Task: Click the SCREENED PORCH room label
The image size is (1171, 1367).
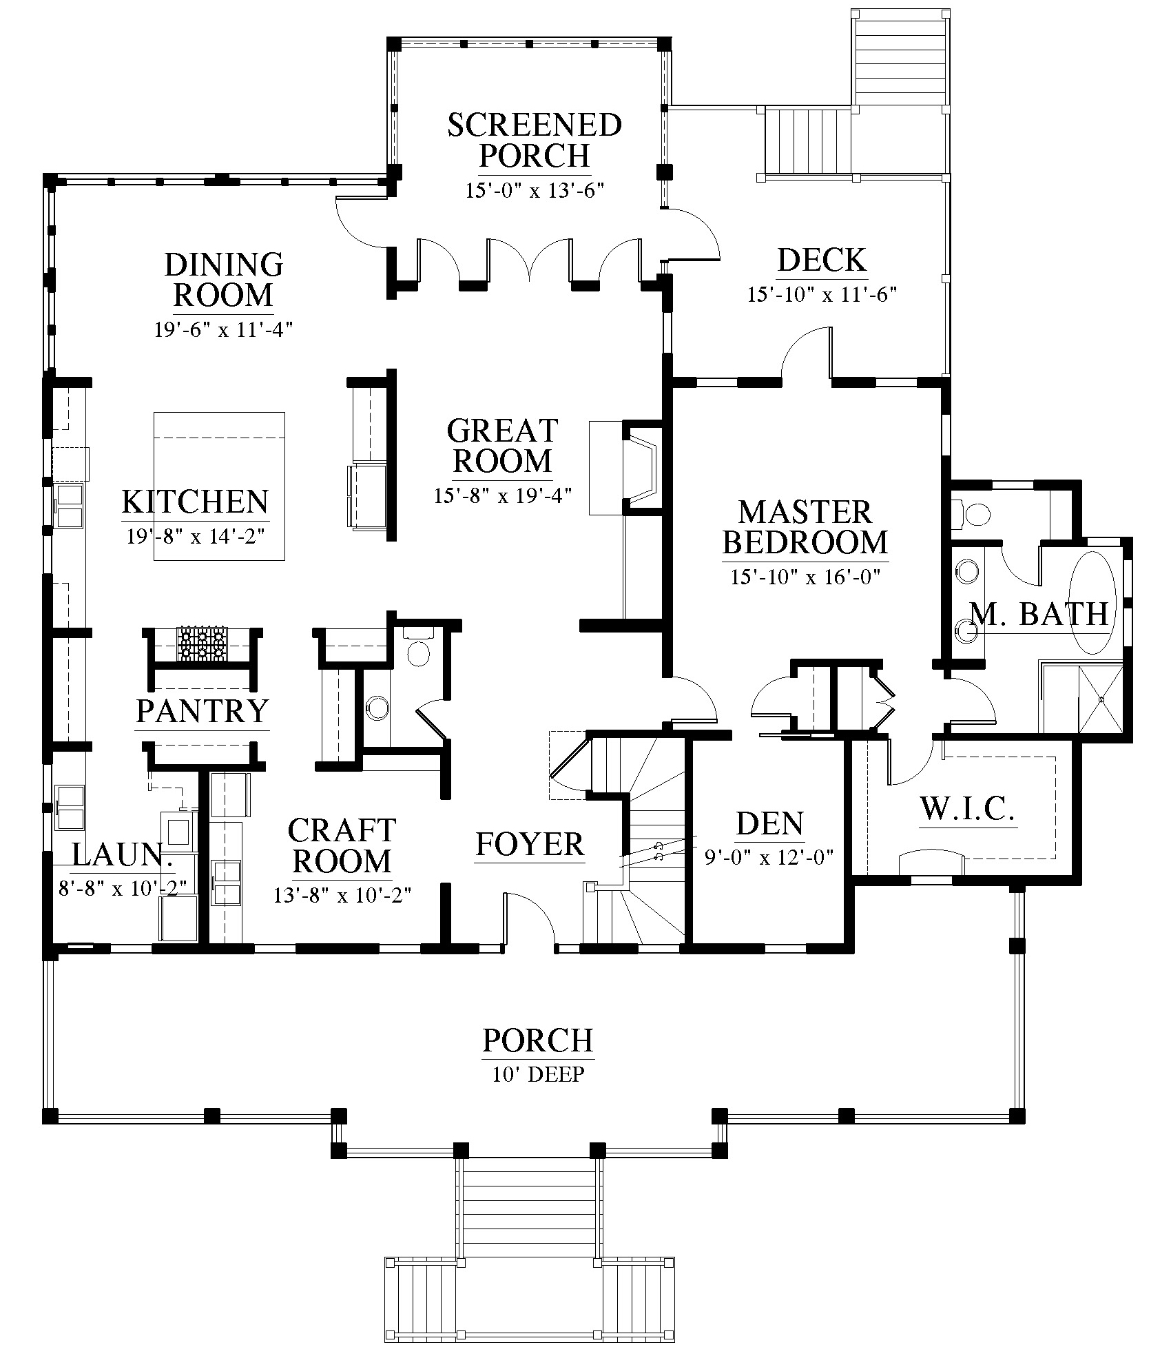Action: click(535, 141)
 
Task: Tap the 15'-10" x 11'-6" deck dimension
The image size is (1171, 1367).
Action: click(822, 295)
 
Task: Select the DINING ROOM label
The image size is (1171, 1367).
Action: click(223, 280)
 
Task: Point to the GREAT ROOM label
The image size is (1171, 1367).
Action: click(502, 446)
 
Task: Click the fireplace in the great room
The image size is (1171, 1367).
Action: click(642, 468)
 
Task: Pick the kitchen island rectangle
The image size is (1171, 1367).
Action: click(219, 486)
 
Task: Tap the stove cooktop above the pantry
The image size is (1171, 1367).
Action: click(203, 644)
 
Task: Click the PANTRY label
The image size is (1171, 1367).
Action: click(202, 710)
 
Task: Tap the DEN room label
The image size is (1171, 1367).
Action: click(769, 824)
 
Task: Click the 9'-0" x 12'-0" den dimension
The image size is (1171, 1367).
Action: click(769, 857)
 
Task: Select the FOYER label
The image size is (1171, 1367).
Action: click(530, 845)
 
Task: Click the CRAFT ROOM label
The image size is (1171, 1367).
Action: click(342, 846)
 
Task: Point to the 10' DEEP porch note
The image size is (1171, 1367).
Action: click(538, 1074)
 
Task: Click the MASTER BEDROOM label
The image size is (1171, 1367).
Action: click(805, 528)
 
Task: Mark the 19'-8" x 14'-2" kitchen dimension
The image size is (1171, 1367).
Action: click(195, 536)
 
